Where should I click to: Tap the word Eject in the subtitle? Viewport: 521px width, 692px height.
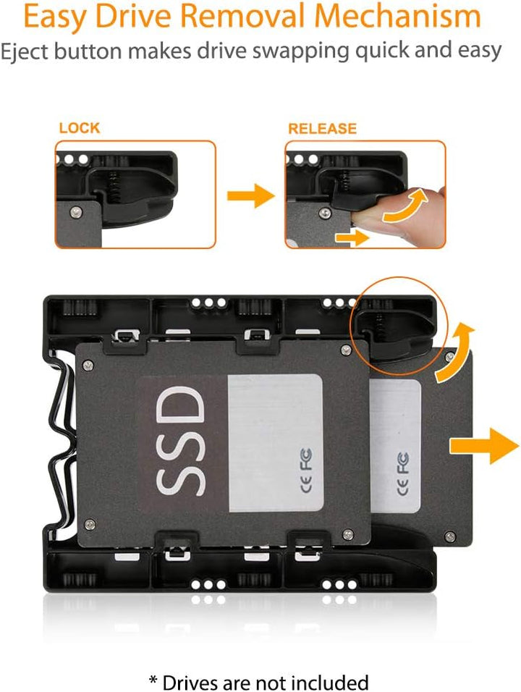[x=24, y=51]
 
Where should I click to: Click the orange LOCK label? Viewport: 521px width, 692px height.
[x=80, y=128]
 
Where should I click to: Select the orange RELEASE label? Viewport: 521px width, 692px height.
[x=322, y=128]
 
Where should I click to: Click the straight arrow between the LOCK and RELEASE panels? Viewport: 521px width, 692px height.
[x=250, y=195]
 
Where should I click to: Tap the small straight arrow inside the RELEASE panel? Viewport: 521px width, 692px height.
[x=352, y=238]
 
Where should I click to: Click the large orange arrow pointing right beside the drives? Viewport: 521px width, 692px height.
[x=484, y=446]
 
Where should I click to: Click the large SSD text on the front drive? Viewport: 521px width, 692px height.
[x=181, y=440]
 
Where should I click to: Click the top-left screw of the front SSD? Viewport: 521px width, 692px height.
[x=88, y=365]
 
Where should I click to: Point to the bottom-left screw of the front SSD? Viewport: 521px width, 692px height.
[x=90, y=524]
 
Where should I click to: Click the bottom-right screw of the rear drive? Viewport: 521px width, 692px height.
[x=450, y=536]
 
